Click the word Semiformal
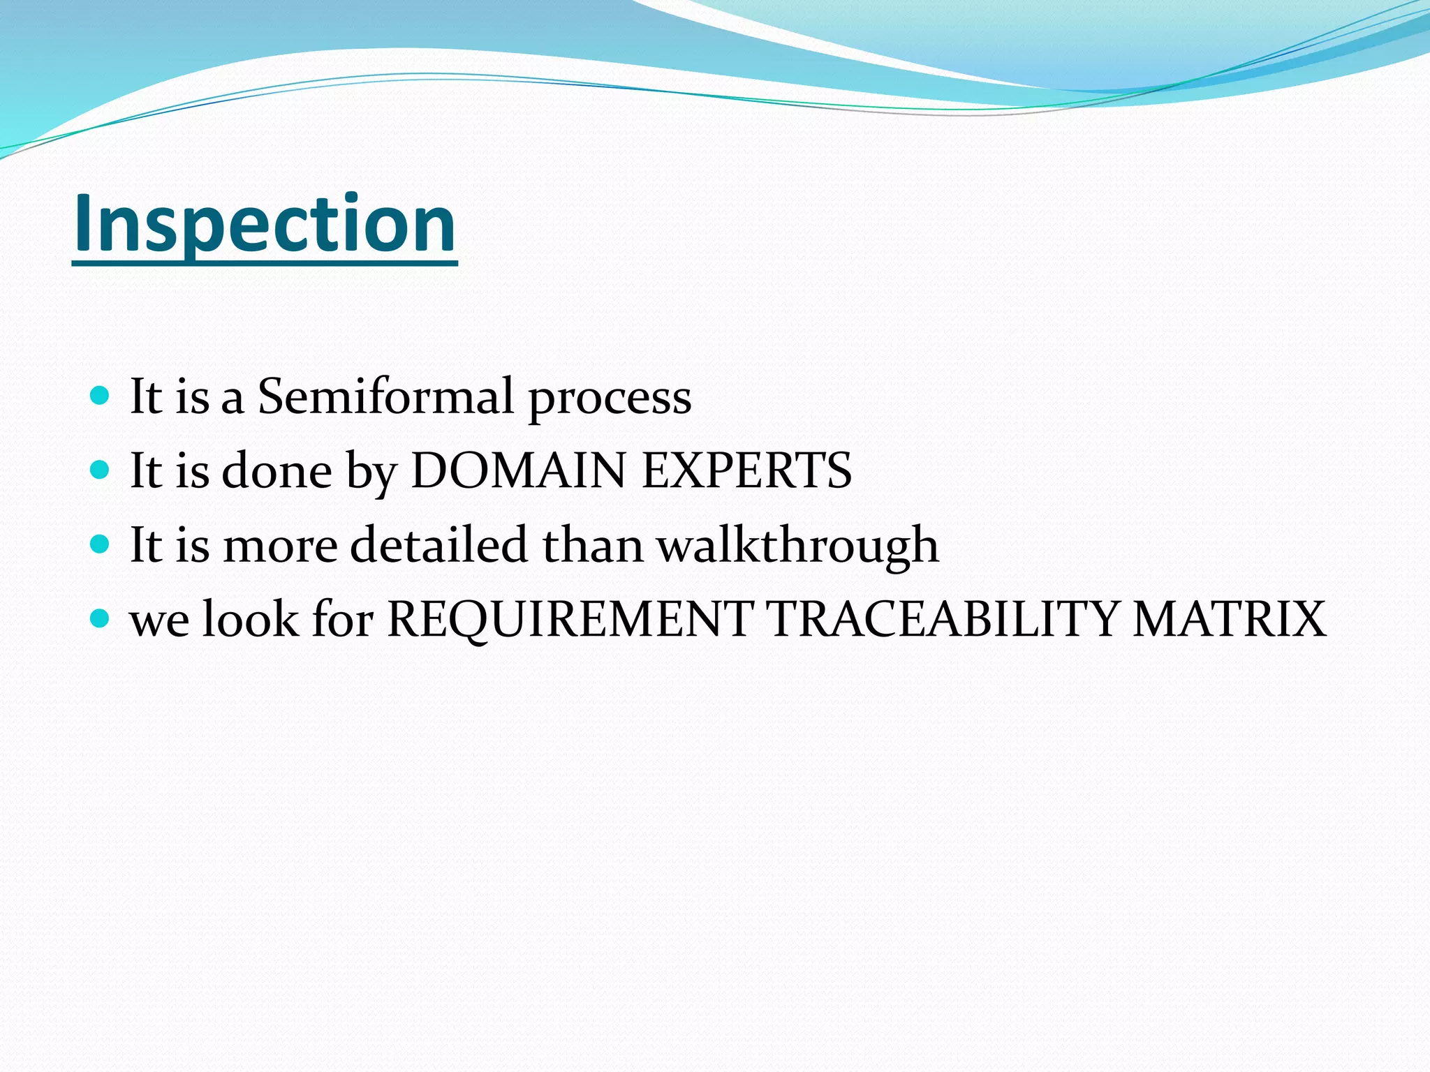coord(385,396)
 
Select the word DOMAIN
coord(518,470)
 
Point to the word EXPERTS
coord(746,470)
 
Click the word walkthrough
coord(797,546)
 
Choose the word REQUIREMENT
coord(569,619)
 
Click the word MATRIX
coord(1229,619)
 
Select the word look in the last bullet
coord(250,619)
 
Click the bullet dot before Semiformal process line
coord(101,396)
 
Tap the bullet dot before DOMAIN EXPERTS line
coord(101,470)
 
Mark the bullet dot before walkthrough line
coord(101,544)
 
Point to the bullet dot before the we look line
coord(101,618)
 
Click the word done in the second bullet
coord(277,471)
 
